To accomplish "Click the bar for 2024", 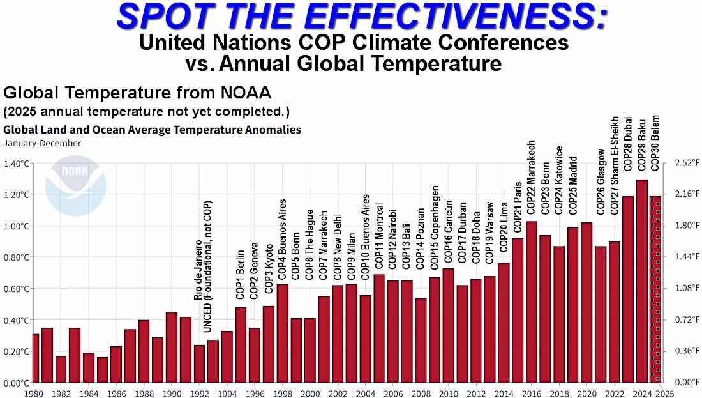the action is (x=642, y=281).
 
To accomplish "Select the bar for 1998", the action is (x=283, y=333).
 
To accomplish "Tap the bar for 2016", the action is (x=532, y=302).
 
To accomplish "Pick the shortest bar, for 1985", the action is (x=103, y=370).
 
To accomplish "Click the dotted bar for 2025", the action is (x=655, y=289).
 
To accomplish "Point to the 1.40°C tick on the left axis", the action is (x=16, y=164).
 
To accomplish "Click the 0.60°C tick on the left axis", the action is (x=16, y=289).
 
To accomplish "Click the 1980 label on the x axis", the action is (x=34, y=394).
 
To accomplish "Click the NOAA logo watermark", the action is (x=76, y=185).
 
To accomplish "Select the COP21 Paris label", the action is (x=518, y=206).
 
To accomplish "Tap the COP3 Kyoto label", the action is (x=269, y=268).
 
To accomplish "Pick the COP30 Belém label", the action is (x=655, y=142).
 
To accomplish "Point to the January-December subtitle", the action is (x=42, y=144).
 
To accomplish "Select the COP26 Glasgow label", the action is (x=601, y=181).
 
